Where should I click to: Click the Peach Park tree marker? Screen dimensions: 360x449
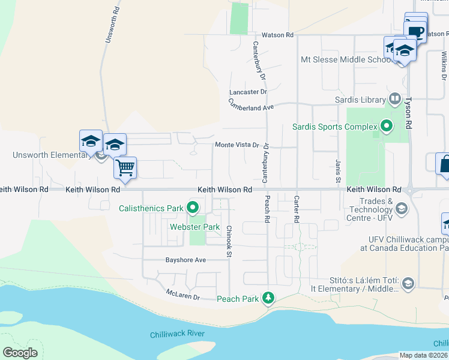point(270,298)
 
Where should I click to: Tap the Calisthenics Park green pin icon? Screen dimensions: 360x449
point(193,209)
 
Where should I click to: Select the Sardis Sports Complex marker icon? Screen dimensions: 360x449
point(387,127)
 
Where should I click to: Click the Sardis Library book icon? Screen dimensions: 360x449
point(395,98)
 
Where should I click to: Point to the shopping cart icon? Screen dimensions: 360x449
point(125,167)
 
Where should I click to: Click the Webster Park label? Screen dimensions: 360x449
point(194,227)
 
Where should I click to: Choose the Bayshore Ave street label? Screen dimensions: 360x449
point(185,260)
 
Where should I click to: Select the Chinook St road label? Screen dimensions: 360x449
point(229,242)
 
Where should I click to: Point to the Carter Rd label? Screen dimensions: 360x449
point(296,209)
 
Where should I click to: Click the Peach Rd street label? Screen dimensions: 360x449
point(267,209)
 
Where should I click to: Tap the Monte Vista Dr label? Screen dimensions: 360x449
point(237,145)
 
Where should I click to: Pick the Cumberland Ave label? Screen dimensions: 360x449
point(250,104)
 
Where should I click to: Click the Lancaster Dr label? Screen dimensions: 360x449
point(247,92)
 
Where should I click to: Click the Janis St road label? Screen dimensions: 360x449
point(338,172)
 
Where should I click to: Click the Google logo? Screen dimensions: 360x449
point(20,353)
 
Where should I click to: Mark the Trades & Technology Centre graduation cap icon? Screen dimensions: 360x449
point(401,209)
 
